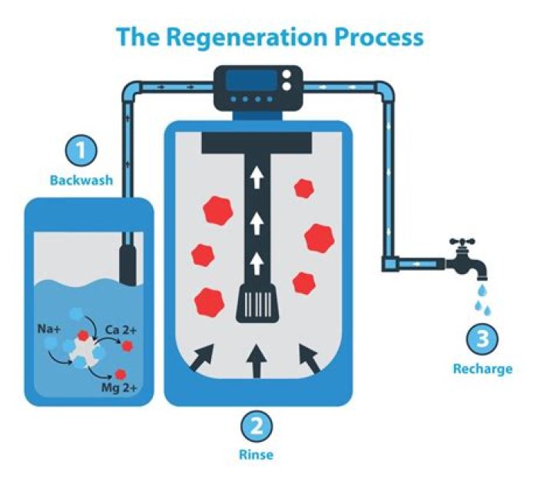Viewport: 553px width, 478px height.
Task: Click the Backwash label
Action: click(x=81, y=181)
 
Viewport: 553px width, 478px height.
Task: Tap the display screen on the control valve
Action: click(x=250, y=81)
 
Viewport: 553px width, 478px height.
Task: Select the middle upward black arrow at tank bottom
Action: click(x=258, y=361)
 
